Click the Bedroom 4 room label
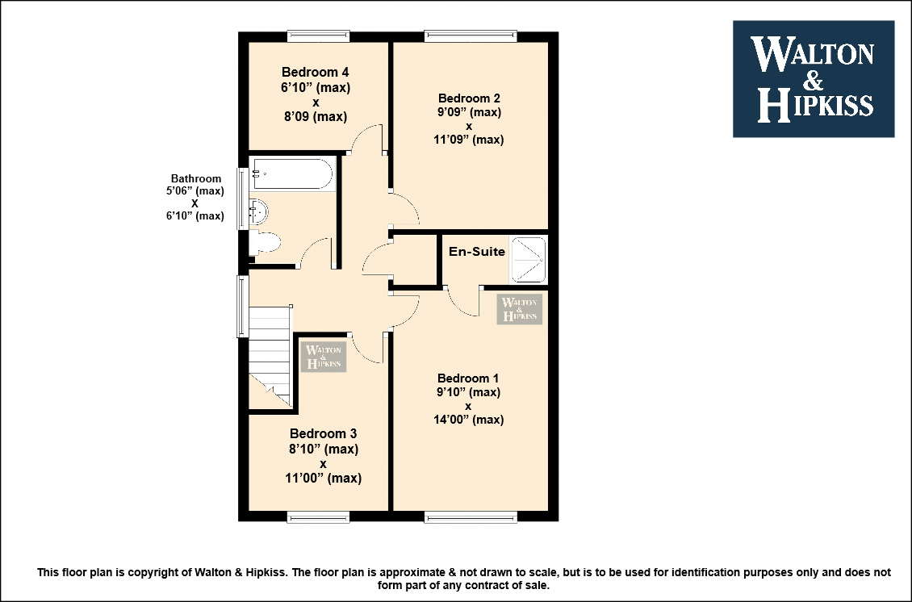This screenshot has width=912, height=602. pyautogui.click(x=316, y=72)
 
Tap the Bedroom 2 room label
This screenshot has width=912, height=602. pyautogui.click(x=469, y=98)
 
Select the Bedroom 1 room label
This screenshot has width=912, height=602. pyautogui.click(x=467, y=378)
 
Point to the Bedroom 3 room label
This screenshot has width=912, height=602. pyautogui.click(x=323, y=434)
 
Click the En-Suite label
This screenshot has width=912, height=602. pyautogui.click(x=477, y=252)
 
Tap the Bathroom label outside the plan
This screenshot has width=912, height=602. pyautogui.click(x=196, y=178)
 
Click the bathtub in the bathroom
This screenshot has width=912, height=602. pyautogui.click(x=292, y=173)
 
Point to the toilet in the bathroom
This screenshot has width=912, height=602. pyautogui.click(x=266, y=243)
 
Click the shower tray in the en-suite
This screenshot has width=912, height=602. pyautogui.click(x=528, y=259)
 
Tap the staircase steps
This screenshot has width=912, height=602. pyautogui.click(x=270, y=355)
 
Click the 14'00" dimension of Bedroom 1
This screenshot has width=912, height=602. pyautogui.click(x=469, y=420)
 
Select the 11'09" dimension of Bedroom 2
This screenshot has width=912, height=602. pyautogui.click(x=469, y=140)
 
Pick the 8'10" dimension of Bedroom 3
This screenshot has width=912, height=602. pyautogui.click(x=324, y=449)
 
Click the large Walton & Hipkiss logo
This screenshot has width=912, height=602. pyautogui.click(x=814, y=79)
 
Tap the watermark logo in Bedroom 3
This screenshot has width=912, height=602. pyautogui.click(x=324, y=357)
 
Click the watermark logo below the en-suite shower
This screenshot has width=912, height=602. pyautogui.click(x=520, y=309)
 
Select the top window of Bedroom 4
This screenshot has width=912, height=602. pyautogui.click(x=319, y=36)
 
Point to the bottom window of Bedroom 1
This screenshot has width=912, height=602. pyautogui.click(x=471, y=516)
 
